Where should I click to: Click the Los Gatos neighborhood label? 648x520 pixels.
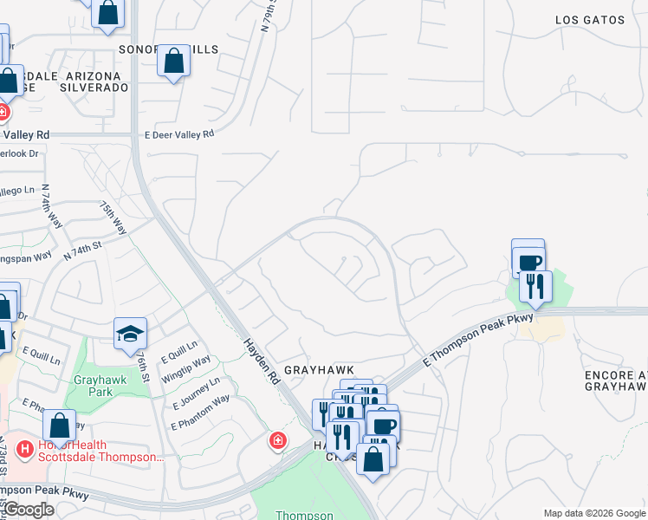(590, 19)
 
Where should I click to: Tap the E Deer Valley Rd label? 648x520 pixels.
(178, 134)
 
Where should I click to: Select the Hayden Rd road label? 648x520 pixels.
(262, 362)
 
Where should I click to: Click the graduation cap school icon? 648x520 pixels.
(130, 334)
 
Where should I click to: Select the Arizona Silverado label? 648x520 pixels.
(94, 88)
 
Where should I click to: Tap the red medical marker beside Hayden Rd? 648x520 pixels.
(277, 440)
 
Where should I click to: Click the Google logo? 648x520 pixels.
(29, 510)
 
